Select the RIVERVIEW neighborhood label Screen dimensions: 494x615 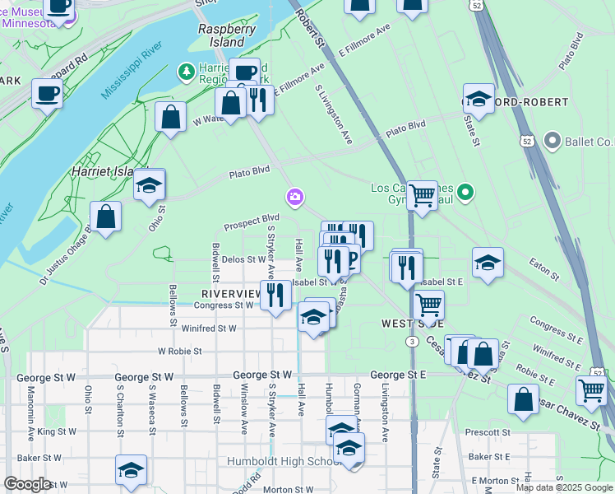point(231,292)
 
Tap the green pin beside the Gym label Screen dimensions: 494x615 point(465,193)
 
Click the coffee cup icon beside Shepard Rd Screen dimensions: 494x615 point(47,93)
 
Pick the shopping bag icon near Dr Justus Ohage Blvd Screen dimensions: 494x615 point(105,217)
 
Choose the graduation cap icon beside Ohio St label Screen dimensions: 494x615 point(149,184)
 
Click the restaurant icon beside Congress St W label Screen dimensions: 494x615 point(275,296)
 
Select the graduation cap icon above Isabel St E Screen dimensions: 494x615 point(488,263)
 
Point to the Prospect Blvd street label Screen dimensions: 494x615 point(252,221)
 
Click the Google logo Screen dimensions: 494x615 point(28,484)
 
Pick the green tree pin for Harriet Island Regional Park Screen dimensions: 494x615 point(188,73)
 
